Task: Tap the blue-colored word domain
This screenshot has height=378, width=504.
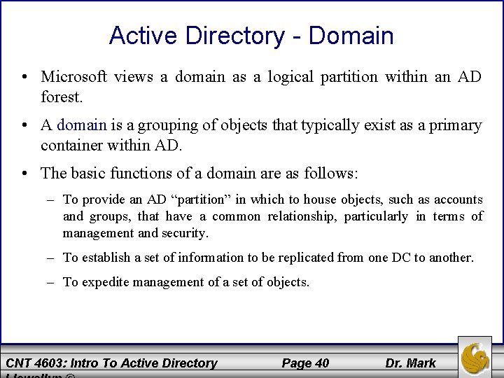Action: (x=82, y=126)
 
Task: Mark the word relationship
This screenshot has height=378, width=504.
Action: (x=300, y=216)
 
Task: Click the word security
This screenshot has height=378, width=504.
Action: (x=185, y=233)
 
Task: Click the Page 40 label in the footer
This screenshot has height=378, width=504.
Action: (x=305, y=363)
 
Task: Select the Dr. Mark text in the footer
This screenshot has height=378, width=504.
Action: (x=410, y=363)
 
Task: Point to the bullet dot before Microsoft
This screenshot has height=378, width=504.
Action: (x=24, y=77)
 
